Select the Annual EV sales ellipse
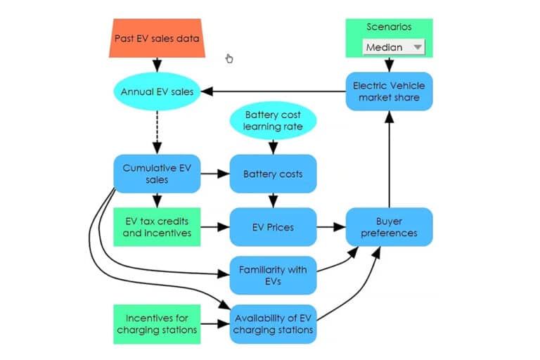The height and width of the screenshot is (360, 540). coord(157,92)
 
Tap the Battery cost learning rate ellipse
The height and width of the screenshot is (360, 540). coord(273,120)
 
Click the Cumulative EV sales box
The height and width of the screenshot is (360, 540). coord(157,174)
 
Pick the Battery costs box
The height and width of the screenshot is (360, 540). coord(273,174)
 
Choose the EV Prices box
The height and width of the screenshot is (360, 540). coord(273,227)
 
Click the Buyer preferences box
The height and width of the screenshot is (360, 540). coord(389,227)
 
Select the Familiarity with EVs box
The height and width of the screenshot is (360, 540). coord(273,274)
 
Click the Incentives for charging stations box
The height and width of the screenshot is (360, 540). coord(157,323)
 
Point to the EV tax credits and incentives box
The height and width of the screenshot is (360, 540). coord(157,227)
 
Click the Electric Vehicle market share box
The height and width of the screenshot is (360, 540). coord(389,91)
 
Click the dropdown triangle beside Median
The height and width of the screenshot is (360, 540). coord(418,47)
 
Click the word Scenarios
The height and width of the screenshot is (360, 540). coord(389,27)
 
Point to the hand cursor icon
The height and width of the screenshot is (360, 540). coord(229,58)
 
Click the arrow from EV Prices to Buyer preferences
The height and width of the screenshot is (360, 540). coord(330,227)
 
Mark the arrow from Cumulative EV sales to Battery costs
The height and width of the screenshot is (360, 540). coord(215,174)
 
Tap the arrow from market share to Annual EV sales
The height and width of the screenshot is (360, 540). coord(274,91)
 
